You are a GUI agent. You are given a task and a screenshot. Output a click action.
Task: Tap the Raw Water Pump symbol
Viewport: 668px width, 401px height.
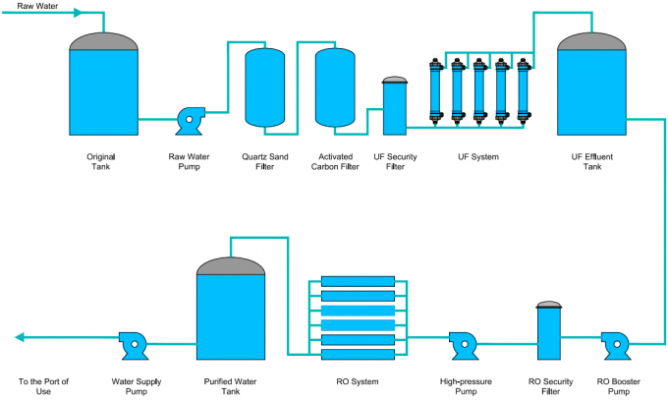click(187, 120)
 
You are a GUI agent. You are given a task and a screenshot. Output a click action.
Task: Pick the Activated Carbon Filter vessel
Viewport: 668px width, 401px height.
click(335, 87)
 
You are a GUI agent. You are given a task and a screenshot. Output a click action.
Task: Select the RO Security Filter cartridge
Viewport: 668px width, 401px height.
click(548, 330)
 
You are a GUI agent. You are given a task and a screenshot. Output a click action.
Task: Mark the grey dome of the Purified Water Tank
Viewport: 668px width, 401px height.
click(231, 265)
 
